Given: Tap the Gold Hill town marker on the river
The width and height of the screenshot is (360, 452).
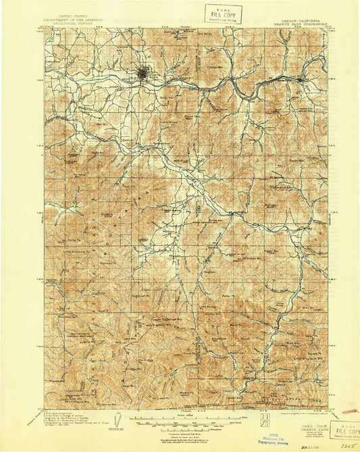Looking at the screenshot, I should pos(301,78).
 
